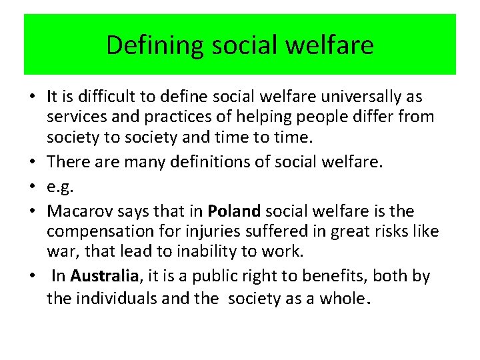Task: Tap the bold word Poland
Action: (235, 212)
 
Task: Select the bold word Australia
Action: (104, 276)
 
